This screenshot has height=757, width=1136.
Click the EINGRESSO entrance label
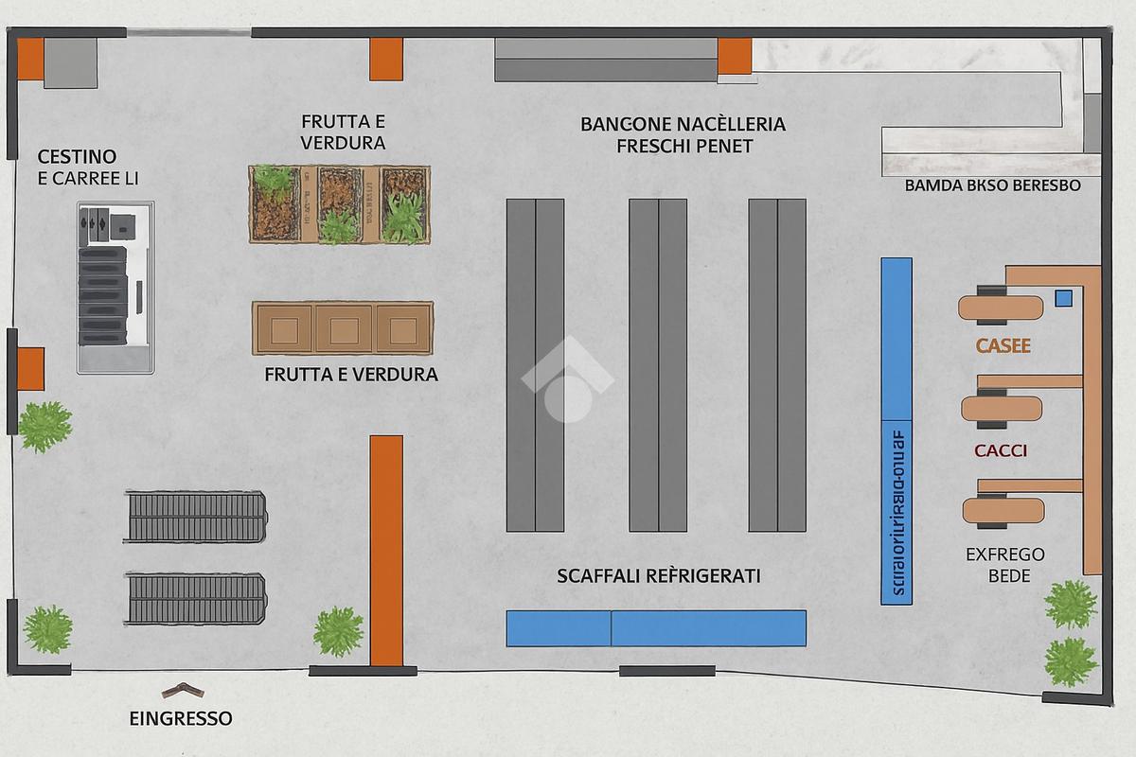(x=181, y=718)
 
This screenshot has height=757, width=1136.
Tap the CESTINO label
(x=77, y=156)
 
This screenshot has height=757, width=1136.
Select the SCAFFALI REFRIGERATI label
(x=659, y=575)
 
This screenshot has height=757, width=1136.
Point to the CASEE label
(x=1003, y=346)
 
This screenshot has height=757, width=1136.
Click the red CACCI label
(x=1001, y=450)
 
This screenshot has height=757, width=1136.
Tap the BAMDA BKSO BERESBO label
(x=993, y=185)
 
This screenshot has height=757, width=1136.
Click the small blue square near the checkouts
(x=1063, y=299)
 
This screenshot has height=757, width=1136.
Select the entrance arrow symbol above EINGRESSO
(x=180, y=689)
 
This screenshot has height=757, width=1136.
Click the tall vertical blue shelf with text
(x=896, y=431)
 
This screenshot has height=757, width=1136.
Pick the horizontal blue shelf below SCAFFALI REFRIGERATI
(x=656, y=628)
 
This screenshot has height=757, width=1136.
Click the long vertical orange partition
(x=386, y=550)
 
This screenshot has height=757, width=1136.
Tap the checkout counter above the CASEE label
(x=1000, y=308)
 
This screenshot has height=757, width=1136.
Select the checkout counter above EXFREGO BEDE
(x=1003, y=511)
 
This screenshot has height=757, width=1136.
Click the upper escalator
(x=196, y=517)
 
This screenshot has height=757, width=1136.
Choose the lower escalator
(x=196, y=598)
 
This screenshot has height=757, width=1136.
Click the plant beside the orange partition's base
(x=338, y=631)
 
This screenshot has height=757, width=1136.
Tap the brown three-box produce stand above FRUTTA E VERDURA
(x=343, y=328)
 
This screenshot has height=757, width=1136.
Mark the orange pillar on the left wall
(x=30, y=368)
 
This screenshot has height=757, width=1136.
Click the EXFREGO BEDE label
(x=1004, y=565)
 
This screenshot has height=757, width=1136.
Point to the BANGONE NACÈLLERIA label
(x=683, y=124)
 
